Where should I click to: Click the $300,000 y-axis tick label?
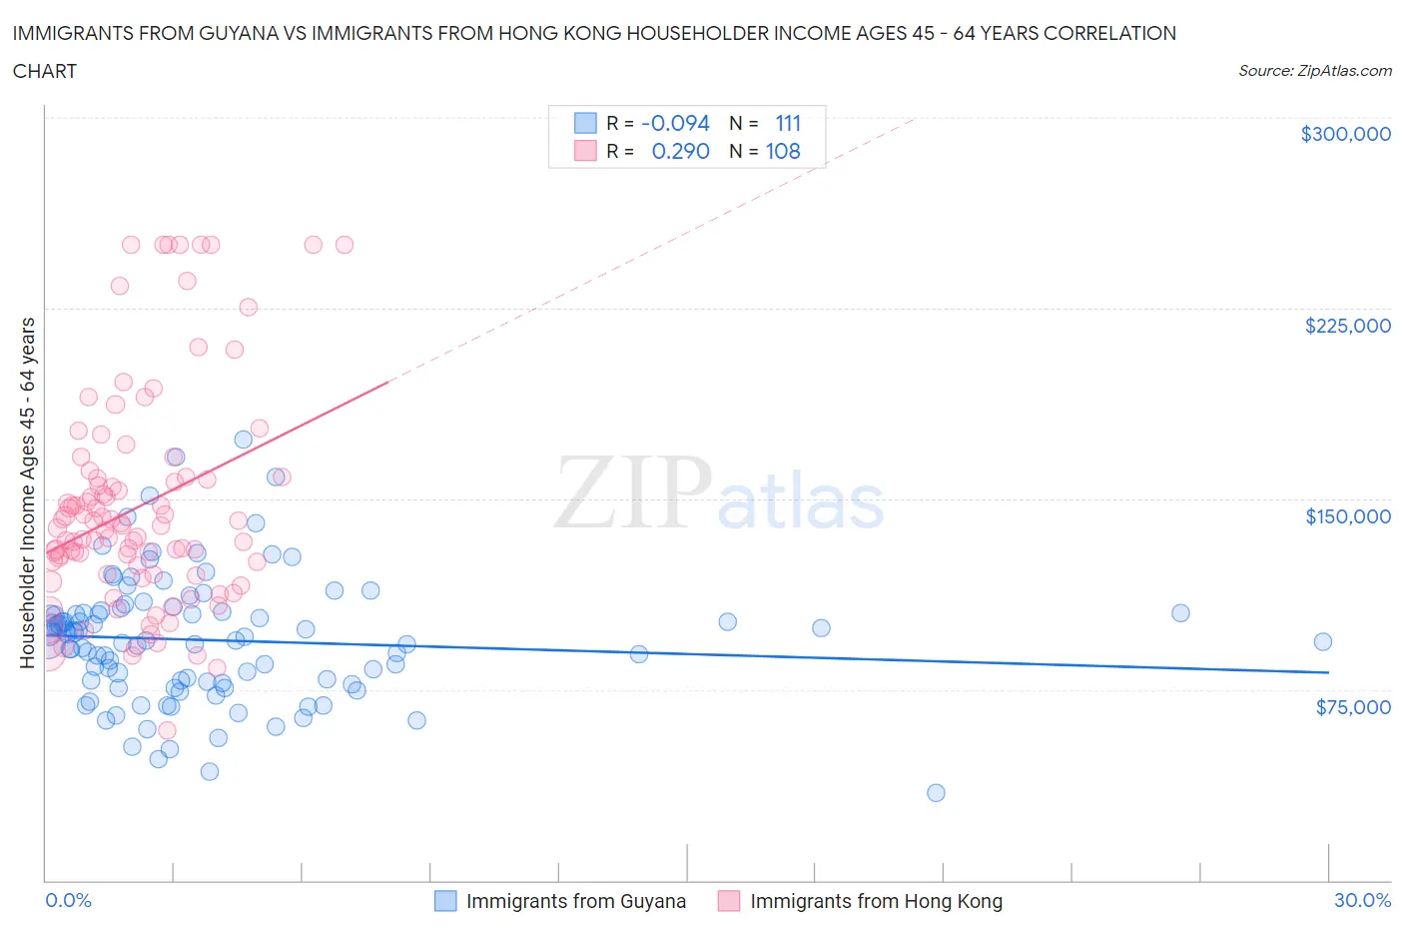pos(1345,134)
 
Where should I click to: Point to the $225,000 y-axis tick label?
pos(1347,326)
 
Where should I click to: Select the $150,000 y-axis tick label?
pos(1347,516)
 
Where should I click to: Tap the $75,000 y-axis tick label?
pos(1352,707)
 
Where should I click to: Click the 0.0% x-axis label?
pos(68,900)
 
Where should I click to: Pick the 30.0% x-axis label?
pos(1362,900)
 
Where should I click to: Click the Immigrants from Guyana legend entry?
pos(575,901)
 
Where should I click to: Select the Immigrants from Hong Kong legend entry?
pos(875,901)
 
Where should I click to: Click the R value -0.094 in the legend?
pos(675,123)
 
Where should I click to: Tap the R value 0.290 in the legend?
pos(680,151)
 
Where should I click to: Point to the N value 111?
pos(788,123)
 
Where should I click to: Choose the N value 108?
pos(783,151)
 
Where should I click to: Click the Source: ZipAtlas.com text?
pos(1314,70)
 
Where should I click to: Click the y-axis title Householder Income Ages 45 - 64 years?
pos(27,492)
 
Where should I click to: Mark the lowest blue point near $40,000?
pos(936,793)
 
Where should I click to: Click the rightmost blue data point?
pos(1322,642)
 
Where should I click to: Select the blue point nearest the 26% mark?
pos(1180,613)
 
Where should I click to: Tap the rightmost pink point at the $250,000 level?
pos(345,245)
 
